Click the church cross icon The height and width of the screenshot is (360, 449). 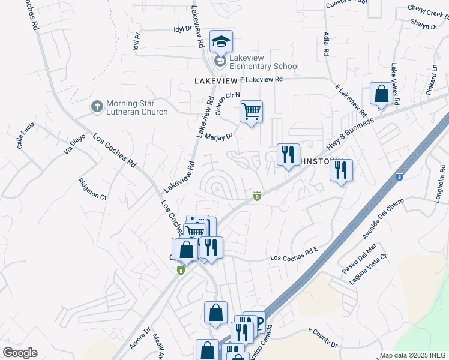[96, 107]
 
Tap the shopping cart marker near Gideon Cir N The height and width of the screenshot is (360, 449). [251, 110]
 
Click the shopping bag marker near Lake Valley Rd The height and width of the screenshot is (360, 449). [381, 94]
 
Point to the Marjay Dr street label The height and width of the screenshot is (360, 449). [218, 136]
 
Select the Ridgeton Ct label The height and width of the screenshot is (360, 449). [92, 189]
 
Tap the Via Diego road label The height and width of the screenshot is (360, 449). [75, 145]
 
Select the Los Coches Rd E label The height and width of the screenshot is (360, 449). [294, 257]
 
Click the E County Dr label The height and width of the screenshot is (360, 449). [323, 338]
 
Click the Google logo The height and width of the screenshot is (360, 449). [20, 353]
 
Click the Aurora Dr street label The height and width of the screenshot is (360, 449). [139, 338]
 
